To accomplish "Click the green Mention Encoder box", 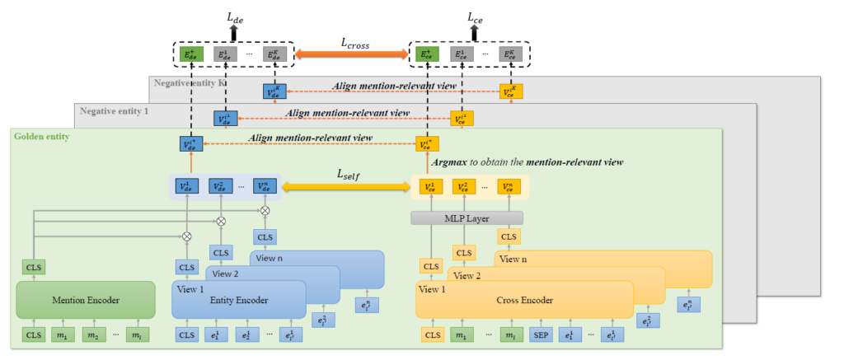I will pos(86,300).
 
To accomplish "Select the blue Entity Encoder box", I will pos(238,301).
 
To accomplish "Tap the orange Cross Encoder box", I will pos(524,301).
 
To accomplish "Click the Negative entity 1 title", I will pos(110,110).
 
